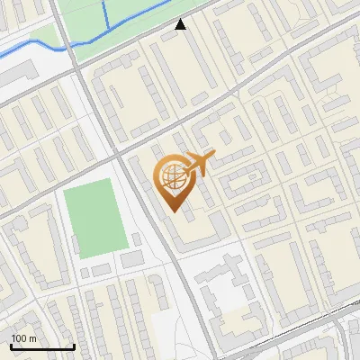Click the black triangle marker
(x=181, y=24)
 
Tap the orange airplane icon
(x=199, y=164)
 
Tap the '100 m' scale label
(x=23, y=338)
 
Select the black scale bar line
(x=42, y=347)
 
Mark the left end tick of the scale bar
(x=11, y=346)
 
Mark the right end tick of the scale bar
(x=74, y=346)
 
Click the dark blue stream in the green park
(x=105, y=13)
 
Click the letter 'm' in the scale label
(x=32, y=338)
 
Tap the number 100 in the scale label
(x=19, y=338)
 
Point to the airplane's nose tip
(x=215, y=153)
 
